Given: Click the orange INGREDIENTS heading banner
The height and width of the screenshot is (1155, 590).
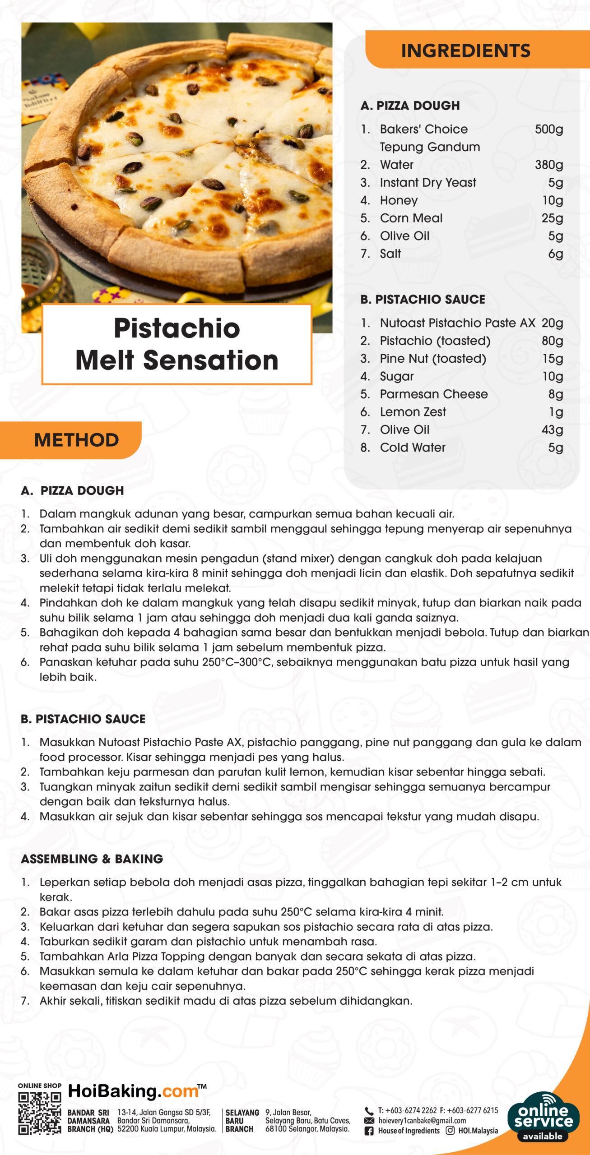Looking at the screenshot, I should (466, 50).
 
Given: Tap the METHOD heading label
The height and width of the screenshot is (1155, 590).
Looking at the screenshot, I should (76, 440).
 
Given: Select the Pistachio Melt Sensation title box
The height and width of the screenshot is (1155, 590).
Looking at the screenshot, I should (177, 344).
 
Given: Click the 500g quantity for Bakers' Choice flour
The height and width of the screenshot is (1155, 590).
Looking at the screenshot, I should (548, 129).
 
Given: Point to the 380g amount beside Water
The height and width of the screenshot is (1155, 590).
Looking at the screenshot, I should (548, 165).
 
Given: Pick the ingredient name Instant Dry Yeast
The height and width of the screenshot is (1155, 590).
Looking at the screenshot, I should (427, 182).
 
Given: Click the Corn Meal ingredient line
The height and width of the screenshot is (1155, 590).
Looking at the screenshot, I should (411, 218).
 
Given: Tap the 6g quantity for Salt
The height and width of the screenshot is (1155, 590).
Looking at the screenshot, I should (555, 254).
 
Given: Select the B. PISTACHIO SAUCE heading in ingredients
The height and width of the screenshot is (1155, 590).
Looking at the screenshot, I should (423, 299).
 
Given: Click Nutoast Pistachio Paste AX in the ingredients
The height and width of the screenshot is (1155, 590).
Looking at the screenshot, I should (457, 323).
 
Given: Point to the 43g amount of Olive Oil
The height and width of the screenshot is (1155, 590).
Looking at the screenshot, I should (552, 430).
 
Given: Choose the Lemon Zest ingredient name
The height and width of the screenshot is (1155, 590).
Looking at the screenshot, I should (413, 412).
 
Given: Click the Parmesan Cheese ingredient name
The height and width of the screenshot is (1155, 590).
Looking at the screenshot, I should (433, 394).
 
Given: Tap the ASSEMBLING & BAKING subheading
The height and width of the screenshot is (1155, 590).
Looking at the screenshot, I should (92, 859).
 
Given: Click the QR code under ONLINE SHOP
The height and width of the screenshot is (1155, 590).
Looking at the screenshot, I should (39, 1113).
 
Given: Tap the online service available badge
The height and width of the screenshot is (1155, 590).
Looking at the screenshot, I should (543, 1116).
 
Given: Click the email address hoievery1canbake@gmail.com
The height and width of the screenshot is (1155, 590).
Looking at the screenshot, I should (422, 1121).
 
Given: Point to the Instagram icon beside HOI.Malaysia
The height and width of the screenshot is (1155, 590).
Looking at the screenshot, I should (450, 1131).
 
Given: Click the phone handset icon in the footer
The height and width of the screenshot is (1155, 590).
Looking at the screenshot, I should (369, 1110).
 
